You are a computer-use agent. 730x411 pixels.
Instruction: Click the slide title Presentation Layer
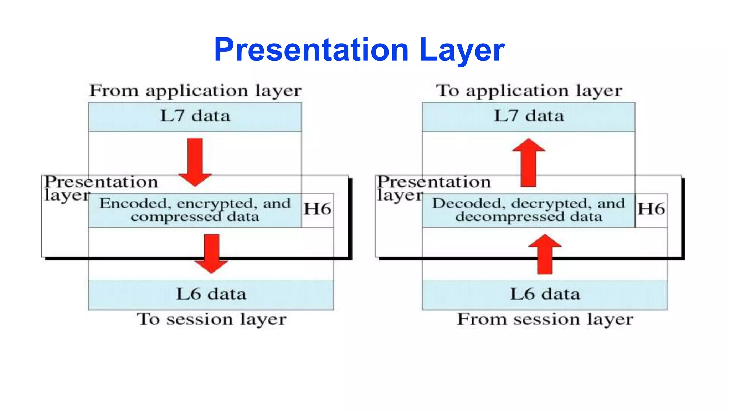click(x=359, y=50)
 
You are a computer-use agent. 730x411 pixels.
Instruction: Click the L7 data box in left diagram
click(x=195, y=116)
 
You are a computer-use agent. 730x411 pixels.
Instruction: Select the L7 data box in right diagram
click(x=529, y=116)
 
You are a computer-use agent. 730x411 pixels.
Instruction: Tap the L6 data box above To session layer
click(x=211, y=295)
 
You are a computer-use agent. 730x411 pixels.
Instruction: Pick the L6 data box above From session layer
click(x=545, y=295)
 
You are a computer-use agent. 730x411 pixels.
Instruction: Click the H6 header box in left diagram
click(x=317, y=210)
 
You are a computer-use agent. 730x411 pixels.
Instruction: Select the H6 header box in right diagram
click(x=651, y=210)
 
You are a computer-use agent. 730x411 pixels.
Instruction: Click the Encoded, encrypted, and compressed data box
click(x=195, y=210)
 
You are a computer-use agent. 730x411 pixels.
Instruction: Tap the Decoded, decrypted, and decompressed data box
click(x=529, y=210)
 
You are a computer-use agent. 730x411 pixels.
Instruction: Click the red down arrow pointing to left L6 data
click(x=211, y=253)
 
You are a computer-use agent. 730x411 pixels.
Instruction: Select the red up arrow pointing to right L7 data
click(x=529, y=162)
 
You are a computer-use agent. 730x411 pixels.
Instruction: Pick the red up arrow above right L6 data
click(x=545, y=254)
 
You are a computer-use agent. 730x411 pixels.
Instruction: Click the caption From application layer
click(x=195, y=91)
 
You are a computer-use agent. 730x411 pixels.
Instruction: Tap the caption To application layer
click(x=529, y=91)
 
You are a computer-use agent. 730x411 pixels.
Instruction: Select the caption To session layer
click(x=211, y=319)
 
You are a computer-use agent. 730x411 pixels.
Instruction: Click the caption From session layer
click(x=545, y=319)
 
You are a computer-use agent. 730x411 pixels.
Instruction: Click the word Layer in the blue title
click(x=462, y=50)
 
